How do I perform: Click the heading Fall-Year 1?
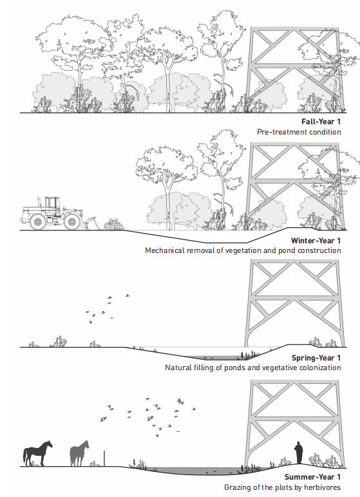[x=321, y=122]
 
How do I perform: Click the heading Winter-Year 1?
[x=316, y=241]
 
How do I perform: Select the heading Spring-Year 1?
[x=316, y=358]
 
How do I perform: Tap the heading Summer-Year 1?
[x=312, y=477]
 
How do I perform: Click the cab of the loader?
[x=52, y=205]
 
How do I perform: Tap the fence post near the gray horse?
[x=104, y=458]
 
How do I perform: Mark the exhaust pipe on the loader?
[x=39, y=202]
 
